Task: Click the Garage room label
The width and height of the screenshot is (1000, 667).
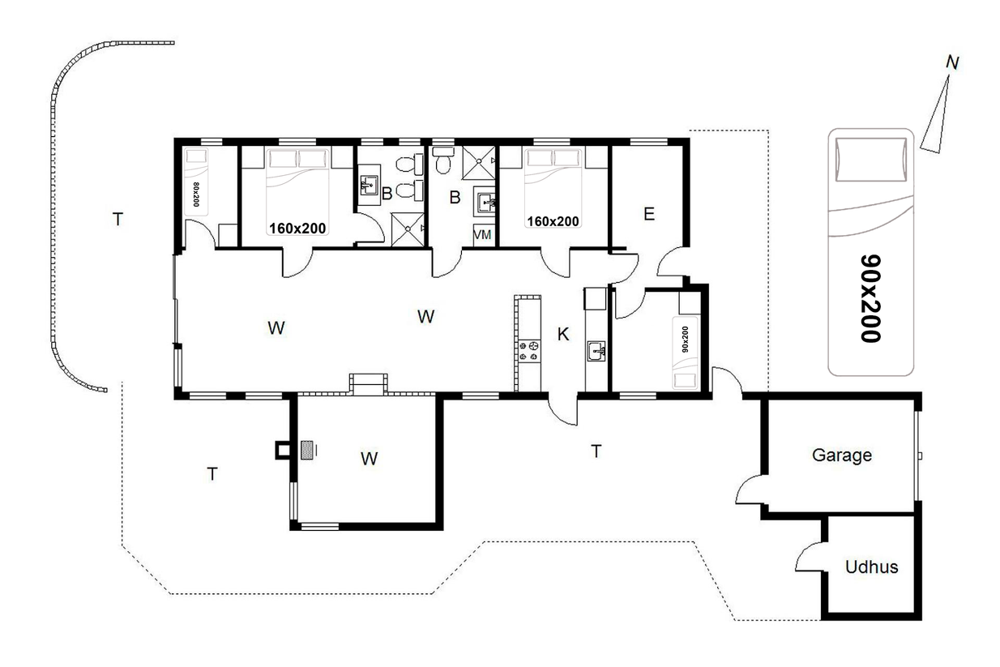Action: [x=841, y=455]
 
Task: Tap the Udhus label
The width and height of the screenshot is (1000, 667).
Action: [x=871, y=567]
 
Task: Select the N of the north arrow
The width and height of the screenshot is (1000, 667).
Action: [x=952, y=63]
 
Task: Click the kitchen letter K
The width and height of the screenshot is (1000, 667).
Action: [x=563, y=334]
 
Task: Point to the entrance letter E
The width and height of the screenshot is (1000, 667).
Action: [x=649, y=214]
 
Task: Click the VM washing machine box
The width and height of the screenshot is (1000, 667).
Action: [x=483, y=234]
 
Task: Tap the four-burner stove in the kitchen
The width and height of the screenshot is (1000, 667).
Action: [x=528, y=350]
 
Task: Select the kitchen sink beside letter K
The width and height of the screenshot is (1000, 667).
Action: [x=596, y=351]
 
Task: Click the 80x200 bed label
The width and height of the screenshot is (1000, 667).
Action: [x=195, y=195]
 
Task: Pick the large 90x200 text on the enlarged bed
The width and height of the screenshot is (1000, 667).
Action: [x=870, y=299]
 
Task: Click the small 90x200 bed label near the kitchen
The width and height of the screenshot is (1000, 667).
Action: [x=686, y=340]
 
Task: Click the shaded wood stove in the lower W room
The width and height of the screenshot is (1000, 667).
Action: [x=306, y=451]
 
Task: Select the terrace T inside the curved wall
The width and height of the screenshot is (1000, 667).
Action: [x=118, y=219]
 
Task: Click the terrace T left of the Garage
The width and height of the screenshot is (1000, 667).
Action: [x=596, y=451]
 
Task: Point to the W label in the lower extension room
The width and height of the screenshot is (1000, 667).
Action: [x=370, y=459]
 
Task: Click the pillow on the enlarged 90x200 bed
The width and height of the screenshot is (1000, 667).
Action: [x=871, y=160]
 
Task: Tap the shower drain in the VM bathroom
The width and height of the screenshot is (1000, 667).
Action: [x=479, y=160]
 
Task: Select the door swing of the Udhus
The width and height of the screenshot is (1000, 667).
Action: [x=809, y=557]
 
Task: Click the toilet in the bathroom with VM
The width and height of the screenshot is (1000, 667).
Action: [x=442, y=160]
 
